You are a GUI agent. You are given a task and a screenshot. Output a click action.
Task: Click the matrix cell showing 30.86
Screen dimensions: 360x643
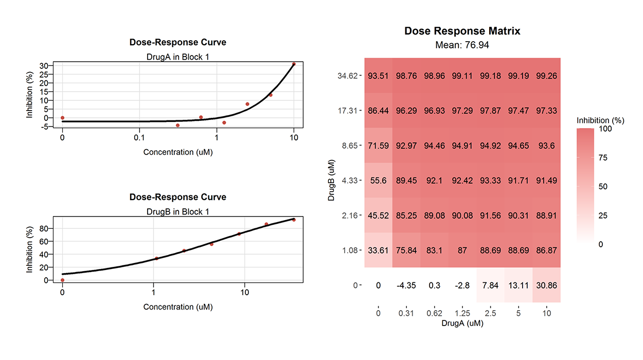point(547,285)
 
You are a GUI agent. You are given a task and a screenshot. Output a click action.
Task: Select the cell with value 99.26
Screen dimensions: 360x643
point(547,76)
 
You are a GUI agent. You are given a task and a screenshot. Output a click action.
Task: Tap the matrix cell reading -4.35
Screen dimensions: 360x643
point(406,285)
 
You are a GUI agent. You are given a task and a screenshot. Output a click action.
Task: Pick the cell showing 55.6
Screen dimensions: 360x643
point(378,181)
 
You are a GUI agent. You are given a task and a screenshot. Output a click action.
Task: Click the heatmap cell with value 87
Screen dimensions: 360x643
point(462,250)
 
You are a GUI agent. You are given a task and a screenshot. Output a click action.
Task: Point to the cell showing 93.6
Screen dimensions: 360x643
point(547,146)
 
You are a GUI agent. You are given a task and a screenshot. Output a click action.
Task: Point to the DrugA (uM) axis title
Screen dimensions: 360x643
point(462,324)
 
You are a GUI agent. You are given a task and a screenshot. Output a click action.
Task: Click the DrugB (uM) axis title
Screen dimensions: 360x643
point(332,180)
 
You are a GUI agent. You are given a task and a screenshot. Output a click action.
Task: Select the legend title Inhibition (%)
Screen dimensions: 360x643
point(600,120)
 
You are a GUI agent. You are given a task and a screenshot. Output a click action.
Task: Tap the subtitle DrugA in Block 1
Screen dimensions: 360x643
point(177,57)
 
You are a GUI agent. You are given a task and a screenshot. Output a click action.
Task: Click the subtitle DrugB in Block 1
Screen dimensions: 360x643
point(177,211)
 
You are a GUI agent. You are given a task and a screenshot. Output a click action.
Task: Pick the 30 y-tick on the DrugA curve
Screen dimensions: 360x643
point(44,66)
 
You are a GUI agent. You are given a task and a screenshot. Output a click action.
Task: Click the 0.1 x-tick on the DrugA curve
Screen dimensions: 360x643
point(139,138)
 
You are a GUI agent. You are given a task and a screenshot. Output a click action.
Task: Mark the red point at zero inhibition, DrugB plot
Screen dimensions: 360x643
point(62,280)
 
